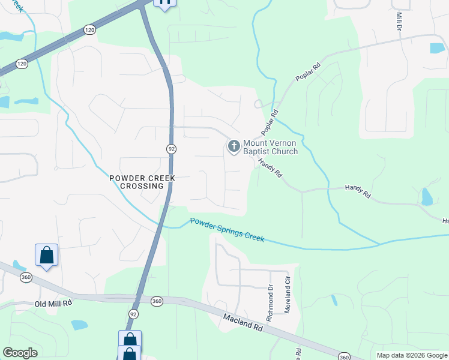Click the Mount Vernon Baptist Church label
tap(270, 147)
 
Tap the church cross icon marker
tap(234, 146)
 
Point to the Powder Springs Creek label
tap(227, 230)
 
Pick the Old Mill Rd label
tap(53, 304)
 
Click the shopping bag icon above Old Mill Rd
tap(46, 256)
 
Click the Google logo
tap(20, 353)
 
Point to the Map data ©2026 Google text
tap(412, 355)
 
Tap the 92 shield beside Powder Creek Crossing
tap(170, 148)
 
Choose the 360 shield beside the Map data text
tap(344, 356)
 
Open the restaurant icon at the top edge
tap(164, 3)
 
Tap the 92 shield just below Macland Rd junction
tap(133, 314)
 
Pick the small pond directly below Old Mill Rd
tap(79, 325)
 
